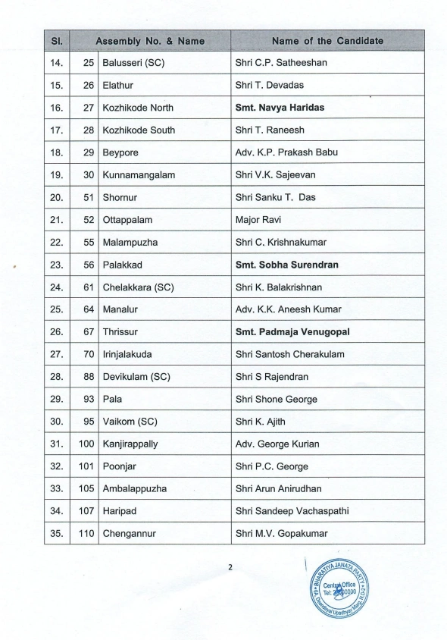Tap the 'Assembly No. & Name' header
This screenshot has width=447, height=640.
pyautogui.click(x=150, y=40)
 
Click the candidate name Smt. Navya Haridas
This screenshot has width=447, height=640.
pyautogui.click(x=280, y=108)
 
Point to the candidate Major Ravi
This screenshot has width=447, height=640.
pyautogui.click(x=258, y=220)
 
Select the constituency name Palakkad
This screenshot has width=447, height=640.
pyautogui.click(x=123, y=265)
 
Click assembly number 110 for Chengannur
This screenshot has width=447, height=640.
pyautogui.click(x=86, y=534)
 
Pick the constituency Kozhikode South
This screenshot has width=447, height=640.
pyautogui.click(x=139, y=130)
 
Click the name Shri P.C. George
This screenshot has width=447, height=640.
pyautogui.click(x=271, y=466)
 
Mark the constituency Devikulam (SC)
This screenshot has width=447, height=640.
pyautogui.click(x=135, y=377)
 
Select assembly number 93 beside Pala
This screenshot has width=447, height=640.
pyautogui.click(x=89, y=399)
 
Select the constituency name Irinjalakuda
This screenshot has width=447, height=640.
pyautogui.click(x=130, y=354)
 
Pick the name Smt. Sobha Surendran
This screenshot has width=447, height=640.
pyautogui.click(x=287, y=265)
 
